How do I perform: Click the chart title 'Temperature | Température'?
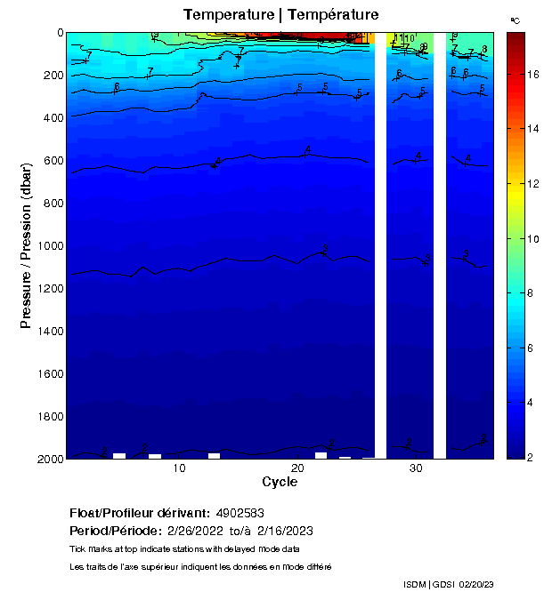280,15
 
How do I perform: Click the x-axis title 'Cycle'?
280,482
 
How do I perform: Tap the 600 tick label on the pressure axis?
50,160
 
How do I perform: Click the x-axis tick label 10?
179,468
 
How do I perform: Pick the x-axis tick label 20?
297,468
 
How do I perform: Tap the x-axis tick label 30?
416,468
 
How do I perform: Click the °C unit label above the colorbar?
515,20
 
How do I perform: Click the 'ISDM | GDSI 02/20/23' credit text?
448,584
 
